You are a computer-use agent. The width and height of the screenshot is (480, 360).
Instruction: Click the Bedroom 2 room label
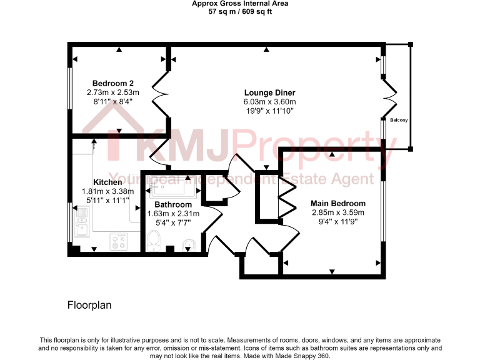tap(113, 83)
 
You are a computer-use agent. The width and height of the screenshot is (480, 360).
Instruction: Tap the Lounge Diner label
tap(269, 92)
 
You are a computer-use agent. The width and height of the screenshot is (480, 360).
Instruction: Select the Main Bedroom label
tap(338, 204)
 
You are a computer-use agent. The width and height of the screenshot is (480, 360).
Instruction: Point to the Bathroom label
tap(173, 204)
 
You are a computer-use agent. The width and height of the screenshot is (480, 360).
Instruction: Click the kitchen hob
tap(118, 241)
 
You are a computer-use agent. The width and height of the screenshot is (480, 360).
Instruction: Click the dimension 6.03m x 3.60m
tap(269, 102)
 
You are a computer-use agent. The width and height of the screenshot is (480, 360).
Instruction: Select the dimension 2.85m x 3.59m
tap(338, 212)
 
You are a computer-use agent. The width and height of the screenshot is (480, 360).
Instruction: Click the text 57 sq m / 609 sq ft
tap(240, 11)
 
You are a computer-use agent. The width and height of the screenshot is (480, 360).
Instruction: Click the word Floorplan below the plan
tap(89, 306)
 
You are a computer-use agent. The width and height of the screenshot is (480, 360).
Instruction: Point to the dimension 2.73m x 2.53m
tap(113, 92)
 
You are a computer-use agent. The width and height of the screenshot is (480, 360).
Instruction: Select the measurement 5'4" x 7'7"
tap(173, 222)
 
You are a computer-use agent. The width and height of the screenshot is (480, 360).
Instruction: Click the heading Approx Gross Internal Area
tap(240, 4)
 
